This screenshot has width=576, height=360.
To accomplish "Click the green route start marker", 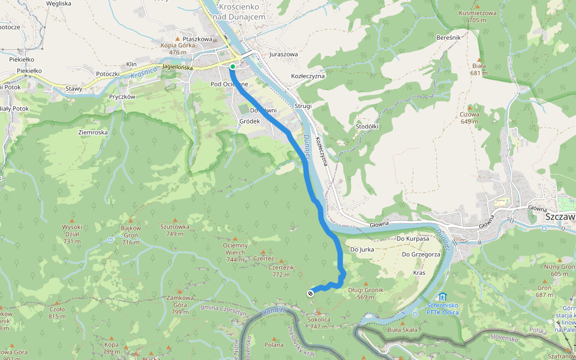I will point(232,67).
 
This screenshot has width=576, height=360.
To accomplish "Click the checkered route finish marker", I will point(310,293).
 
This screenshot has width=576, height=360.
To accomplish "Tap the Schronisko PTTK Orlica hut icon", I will point(442,297).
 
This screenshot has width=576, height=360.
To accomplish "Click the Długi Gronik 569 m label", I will point(365,293).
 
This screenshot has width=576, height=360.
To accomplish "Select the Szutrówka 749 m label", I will point(175,230).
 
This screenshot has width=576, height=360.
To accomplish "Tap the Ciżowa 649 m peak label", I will point(469,118).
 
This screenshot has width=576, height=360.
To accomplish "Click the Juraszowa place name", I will point(284,54).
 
